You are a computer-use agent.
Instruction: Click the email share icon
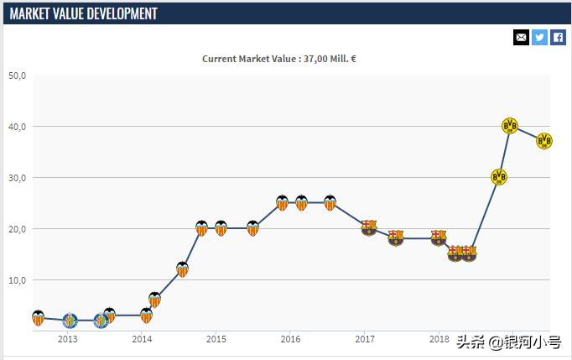point(521,37)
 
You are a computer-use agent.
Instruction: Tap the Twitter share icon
point(539,37)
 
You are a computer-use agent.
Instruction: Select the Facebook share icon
point(558,37)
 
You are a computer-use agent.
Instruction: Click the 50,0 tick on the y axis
point(18,76)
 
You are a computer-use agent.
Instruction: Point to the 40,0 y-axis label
point(18,127)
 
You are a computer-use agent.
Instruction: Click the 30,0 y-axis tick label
point(18,178)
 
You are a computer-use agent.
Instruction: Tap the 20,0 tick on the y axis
point(18,229)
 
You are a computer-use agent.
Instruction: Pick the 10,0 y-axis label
point(18,280)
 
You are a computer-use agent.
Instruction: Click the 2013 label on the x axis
point(68,340)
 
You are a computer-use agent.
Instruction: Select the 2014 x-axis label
point(142,340)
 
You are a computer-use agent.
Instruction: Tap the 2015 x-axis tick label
point(216,340)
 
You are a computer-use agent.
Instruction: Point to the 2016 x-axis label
point(290,340)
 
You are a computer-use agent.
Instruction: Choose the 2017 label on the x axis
point(364,340)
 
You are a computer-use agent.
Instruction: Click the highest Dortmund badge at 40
point(509,126)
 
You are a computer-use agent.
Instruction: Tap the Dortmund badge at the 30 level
point(499,177)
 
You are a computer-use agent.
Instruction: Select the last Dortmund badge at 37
point(544,141)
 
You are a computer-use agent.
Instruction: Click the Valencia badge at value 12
point(182,269)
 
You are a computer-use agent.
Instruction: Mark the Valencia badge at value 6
point(154,300)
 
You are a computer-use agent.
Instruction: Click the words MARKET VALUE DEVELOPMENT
point(83,13)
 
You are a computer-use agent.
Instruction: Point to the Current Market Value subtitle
point(285,59)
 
